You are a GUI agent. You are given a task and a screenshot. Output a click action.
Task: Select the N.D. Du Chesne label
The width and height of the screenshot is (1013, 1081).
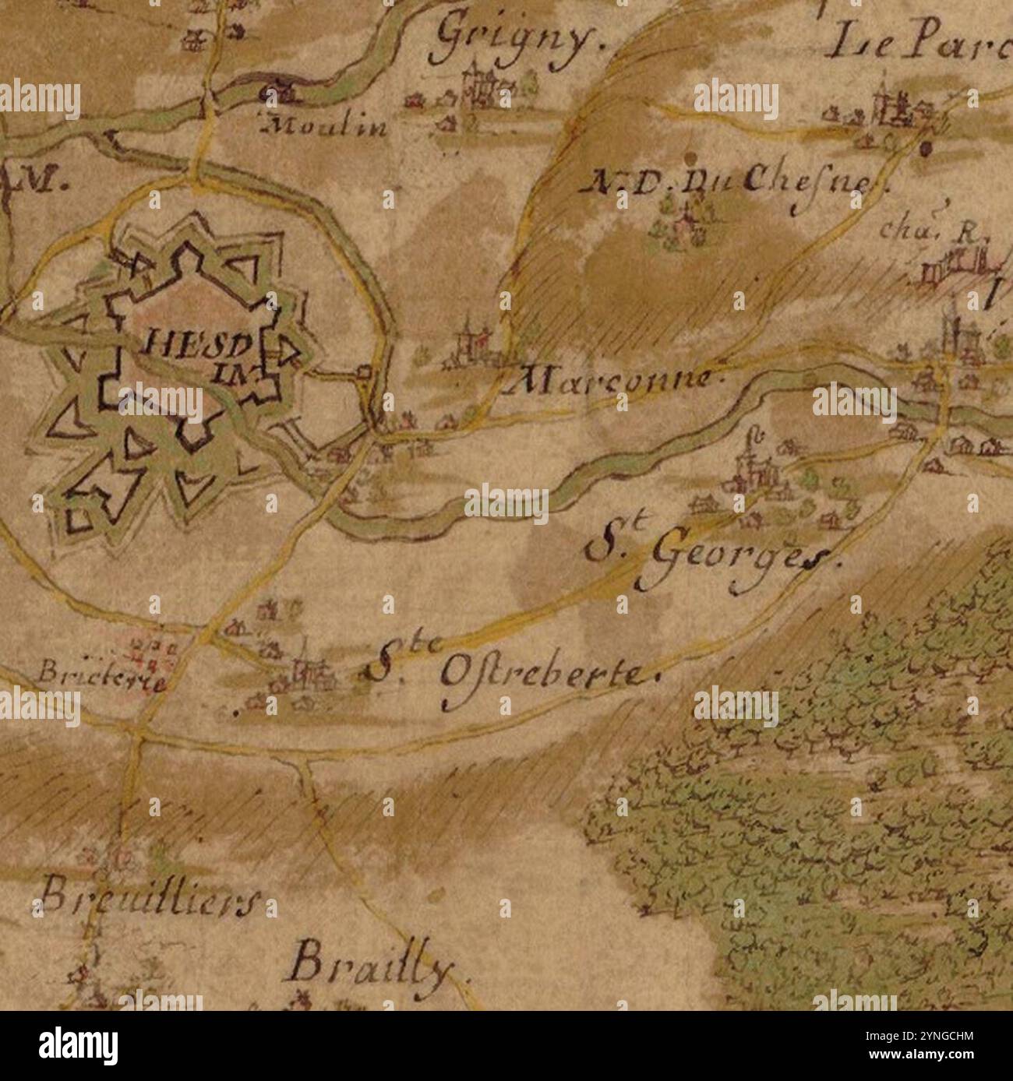click(736, 183)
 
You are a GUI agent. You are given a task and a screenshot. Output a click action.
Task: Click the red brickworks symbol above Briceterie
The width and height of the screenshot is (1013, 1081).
click(149, 650)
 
